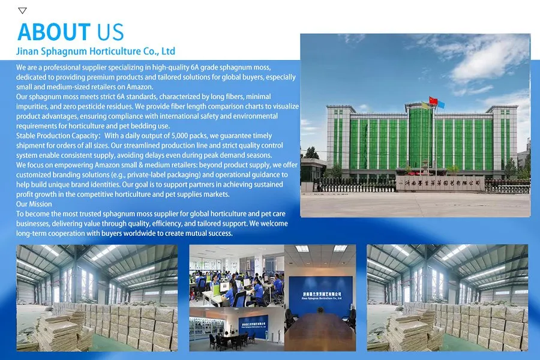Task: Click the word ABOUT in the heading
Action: pos(53,32)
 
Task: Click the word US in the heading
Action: pos(108,32)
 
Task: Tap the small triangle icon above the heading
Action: pos(22,10)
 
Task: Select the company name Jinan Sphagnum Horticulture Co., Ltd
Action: pos(96,51)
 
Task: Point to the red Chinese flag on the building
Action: pos(433,100)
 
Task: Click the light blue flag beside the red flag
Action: pos(440,104)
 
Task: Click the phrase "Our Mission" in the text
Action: pos(34,204)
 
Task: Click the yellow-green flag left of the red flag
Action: pos(425,106)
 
